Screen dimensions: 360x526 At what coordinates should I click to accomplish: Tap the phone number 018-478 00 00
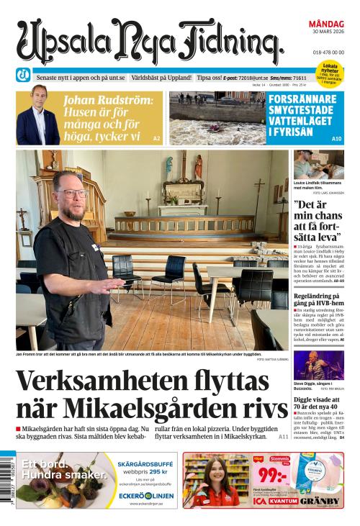[x=328, y=53]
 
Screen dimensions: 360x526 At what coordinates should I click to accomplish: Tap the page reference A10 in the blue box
[x=336, y=138]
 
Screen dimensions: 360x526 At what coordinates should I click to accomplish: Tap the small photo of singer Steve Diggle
[x=318, y=366]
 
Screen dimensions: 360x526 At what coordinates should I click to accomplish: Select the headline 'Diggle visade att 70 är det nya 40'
[x=318, y=404]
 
